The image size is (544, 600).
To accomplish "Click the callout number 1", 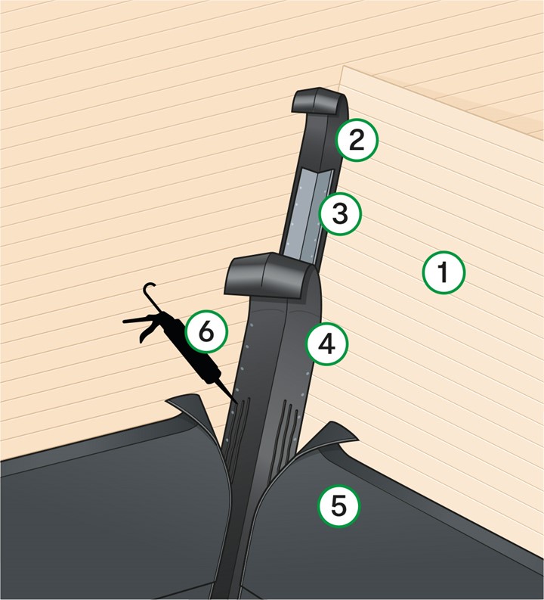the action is click(x=444, y=272).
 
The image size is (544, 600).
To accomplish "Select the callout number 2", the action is click(x=357, y=140).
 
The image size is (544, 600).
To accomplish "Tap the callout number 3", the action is click(x=339, y=213).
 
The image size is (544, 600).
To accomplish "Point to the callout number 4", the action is click(x=327, y=344).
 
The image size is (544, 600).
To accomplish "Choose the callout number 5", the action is click(x=339, y=506).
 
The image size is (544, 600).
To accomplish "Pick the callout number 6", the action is click(x=206, y=331).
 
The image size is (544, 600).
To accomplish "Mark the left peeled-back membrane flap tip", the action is click(x=168, y=401).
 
